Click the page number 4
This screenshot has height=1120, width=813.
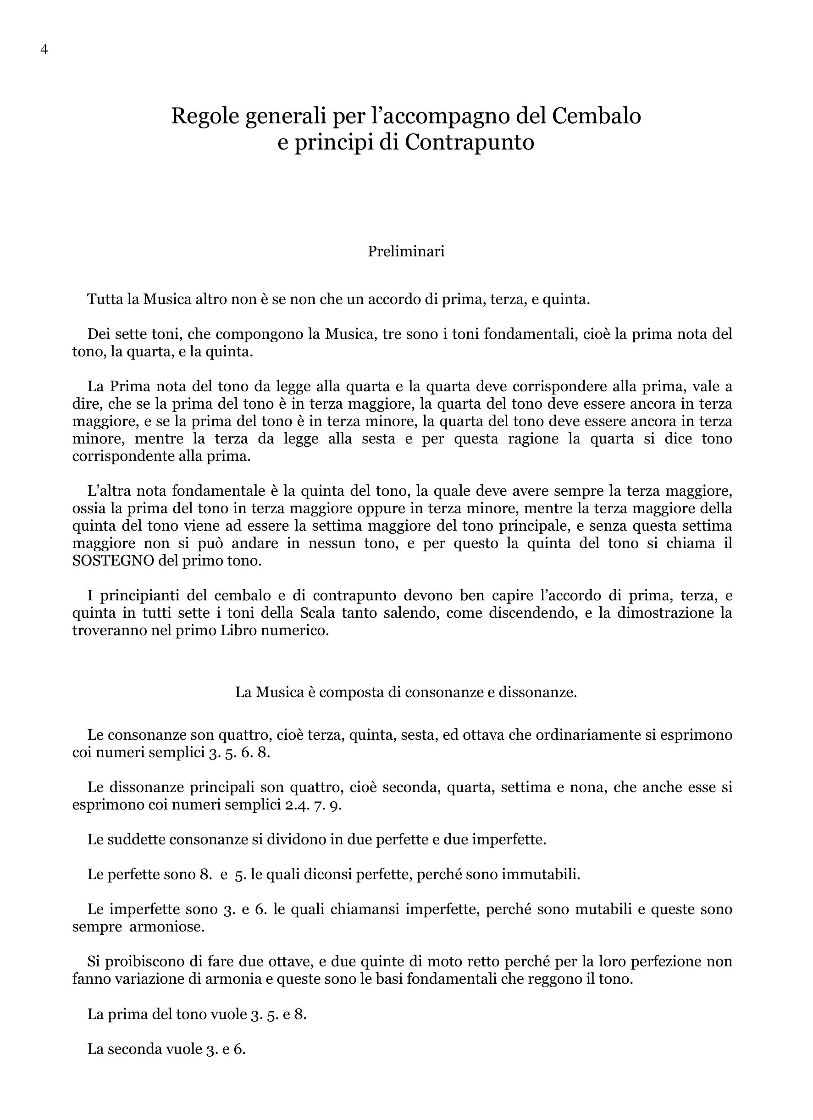click(44, 50)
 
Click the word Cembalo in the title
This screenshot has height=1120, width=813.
click(596, 116)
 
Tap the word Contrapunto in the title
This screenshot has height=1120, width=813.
click(470, 142)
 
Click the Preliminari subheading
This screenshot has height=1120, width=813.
click(406, 251)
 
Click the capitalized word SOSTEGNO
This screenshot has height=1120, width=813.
click(114, 561)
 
